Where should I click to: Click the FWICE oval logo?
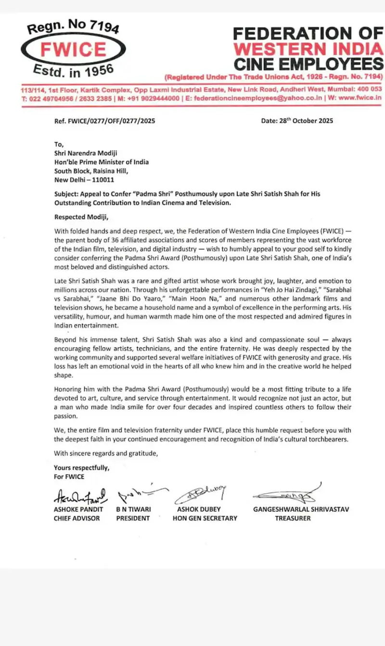pyautogui.click(x=73, y=50)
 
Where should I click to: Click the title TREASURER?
pyautogui.click(x=293, y=518)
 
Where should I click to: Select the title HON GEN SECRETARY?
pyautogui.click(x=205, y=518)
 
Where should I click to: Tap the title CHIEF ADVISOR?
pyautogui.click(x=77, y=518)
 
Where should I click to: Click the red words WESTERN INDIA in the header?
pyautogui.click(x=308, y=49)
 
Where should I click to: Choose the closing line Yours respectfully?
pyautogui.click(x=82, y=468)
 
